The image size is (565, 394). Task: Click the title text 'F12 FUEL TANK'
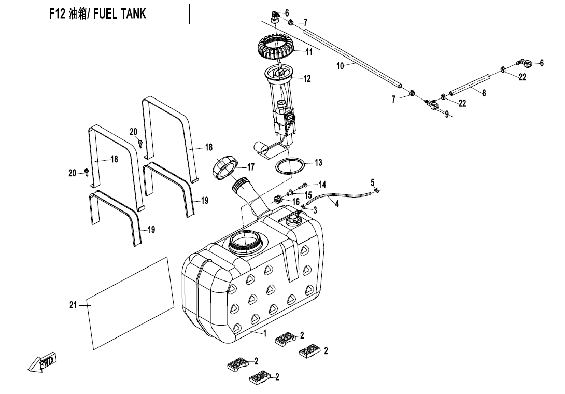coord(97,14)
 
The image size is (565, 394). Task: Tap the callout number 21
coord(73,305)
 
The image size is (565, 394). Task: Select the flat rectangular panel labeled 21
coord(130,303)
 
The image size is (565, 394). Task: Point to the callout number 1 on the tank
coord(265,333)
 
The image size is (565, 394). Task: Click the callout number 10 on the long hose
coord(340,66)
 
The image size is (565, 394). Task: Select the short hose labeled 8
coord(470,86)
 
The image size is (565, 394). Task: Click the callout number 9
coord(447,114)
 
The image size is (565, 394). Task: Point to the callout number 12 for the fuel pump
coord(307,79)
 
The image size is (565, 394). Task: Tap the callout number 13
coord(318,163)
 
